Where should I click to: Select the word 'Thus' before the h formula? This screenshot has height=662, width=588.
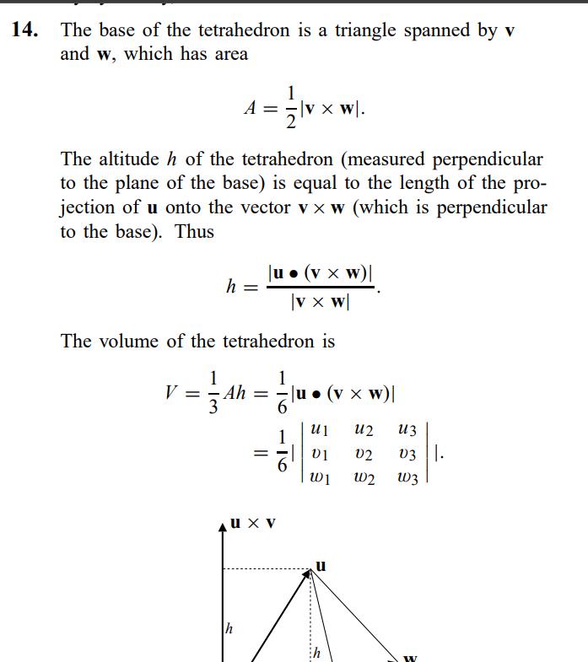click(x=195, y=232)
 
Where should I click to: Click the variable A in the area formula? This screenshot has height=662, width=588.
click(x=250, y=108)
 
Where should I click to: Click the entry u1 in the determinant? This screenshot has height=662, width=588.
click(x=319, y=429)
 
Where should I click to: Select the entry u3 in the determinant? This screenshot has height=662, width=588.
click(x=407, y=429)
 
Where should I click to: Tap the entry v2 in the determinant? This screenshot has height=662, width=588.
click(x=364, y=455)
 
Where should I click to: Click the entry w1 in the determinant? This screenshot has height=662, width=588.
click(x=320, y=479)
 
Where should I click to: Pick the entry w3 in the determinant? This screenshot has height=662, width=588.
click(x=407, y=479)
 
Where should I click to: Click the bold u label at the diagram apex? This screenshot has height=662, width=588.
click(x=321, y=565)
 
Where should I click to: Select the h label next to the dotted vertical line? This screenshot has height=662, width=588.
click(x=317, y=653)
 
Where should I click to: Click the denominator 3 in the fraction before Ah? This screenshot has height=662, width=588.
click(x=214, y=408)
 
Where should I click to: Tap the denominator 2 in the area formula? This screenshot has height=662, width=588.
click(x=291, y=124)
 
